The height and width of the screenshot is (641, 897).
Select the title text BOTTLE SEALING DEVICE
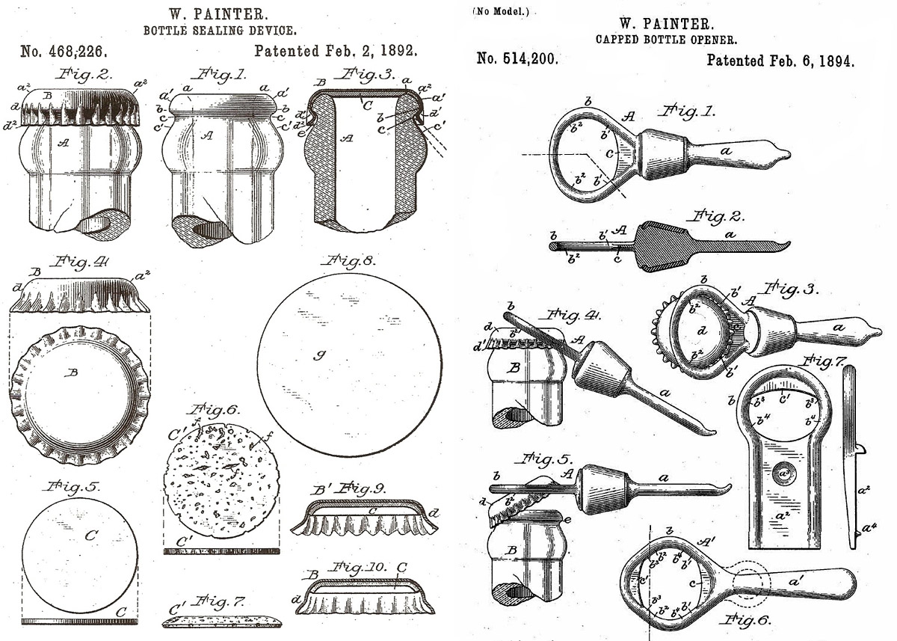click(x=220, y=31)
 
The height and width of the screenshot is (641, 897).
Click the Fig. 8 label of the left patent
click(x=348, y=261)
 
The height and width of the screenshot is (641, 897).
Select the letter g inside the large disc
click(x=318, y=356)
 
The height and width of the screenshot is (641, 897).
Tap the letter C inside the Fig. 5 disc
click(x=91, y=535)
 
